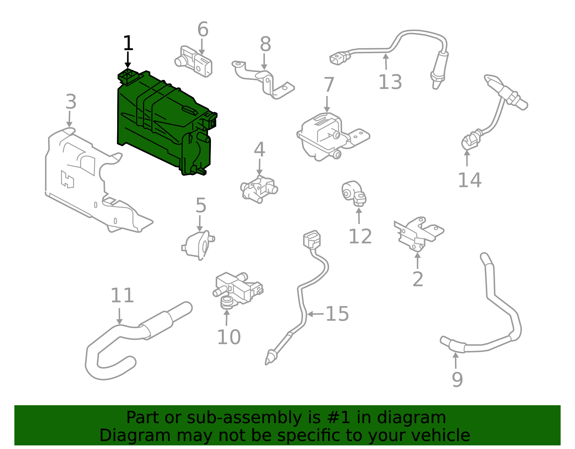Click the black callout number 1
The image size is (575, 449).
[x=128, y=43]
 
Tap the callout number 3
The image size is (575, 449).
[x=71, y=102]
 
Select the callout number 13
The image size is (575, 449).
[x=390, y=82]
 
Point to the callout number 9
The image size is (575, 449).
[x=457, y=380]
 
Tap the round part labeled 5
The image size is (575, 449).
[x=198, y=245]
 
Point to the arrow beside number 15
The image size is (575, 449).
[x=315, y=314]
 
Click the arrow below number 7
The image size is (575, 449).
[x=327, y=104]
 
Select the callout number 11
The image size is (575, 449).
[x=122, y=295]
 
